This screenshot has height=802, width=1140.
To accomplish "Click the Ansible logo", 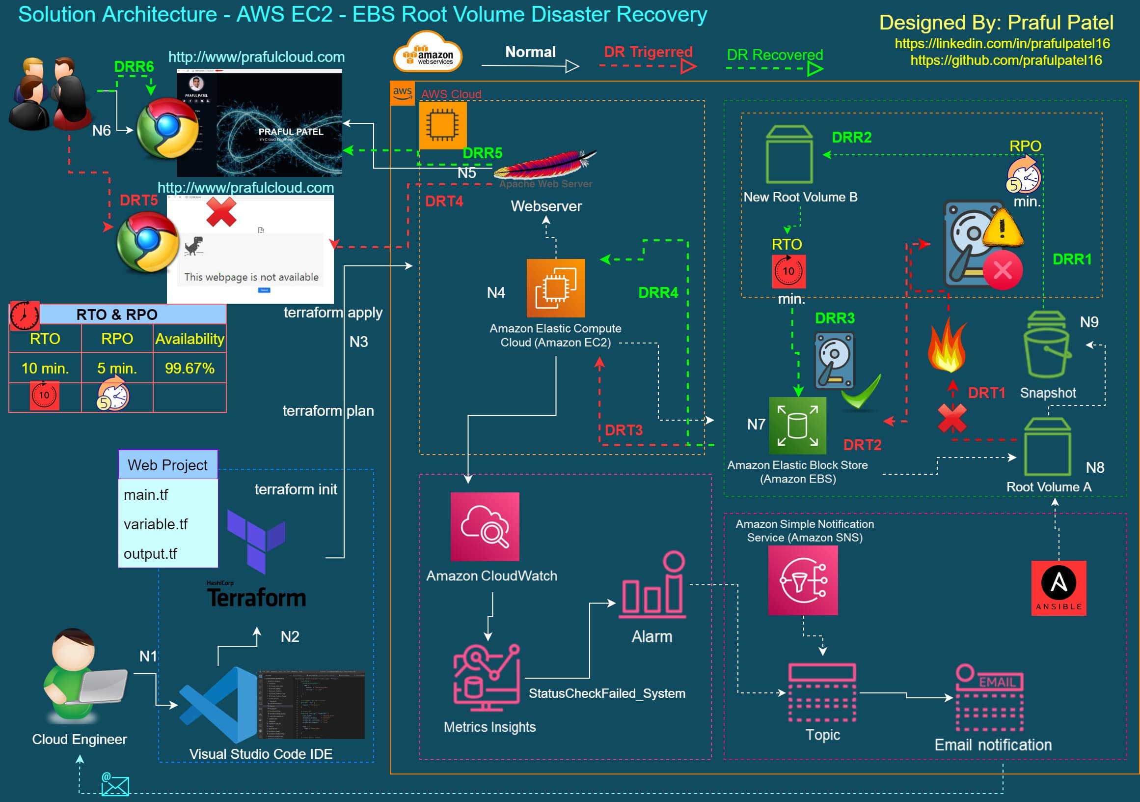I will coord(1058,588).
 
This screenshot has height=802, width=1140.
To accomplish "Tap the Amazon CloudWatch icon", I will coord(485,527).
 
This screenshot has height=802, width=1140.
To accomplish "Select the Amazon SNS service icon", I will coord(802,580).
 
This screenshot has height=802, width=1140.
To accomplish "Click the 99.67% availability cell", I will coord(189,368).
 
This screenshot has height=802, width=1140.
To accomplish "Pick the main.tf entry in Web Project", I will coord(146,494).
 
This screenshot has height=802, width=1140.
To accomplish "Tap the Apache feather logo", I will coord(545,164).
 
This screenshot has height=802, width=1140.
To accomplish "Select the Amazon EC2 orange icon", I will coord(556,287).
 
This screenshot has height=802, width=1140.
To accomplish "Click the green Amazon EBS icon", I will coord(797,426).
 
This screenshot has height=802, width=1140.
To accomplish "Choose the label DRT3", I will coord(624,430).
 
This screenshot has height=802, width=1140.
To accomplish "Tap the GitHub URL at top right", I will coord(1006,60).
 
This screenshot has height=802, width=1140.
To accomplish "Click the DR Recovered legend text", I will coord(775,55).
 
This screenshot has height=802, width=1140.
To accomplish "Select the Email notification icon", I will coord(989,698).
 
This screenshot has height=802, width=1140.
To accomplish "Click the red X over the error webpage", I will coord(221,212).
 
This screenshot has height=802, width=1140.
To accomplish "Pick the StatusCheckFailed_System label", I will coord(607,693).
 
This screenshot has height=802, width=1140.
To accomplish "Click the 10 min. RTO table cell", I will coord(45,368).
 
